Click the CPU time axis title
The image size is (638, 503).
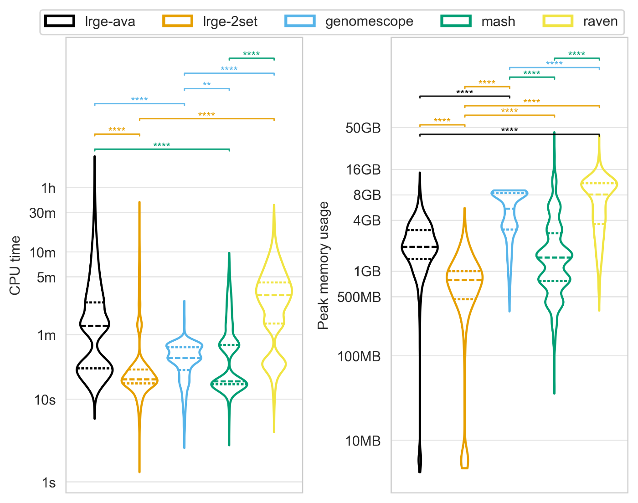click(x=15, y=265)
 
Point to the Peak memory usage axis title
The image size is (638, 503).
click(x=323, y=265)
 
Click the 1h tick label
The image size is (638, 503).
click(x=48, y=188)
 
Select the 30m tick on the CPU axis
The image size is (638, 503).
click(x=42, y=213)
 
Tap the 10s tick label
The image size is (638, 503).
click(x=45, y=400)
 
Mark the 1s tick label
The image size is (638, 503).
click(x=49, y=482)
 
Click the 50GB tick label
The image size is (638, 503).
click(x=363, y=128)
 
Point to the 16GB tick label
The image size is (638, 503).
click(x=363, y=170)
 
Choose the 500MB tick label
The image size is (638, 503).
click(x=359, y=298)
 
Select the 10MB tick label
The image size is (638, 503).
click(x=363, y=441)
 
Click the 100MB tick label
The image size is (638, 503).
click(x=359, y=356)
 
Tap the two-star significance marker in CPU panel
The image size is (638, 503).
click(x=206, y=84)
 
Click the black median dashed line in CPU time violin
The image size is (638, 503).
click(x=95, y=325)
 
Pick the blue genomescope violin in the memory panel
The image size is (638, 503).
click(x=509, y=219)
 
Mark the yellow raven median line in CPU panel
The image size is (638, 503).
click(x=274, y=295)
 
